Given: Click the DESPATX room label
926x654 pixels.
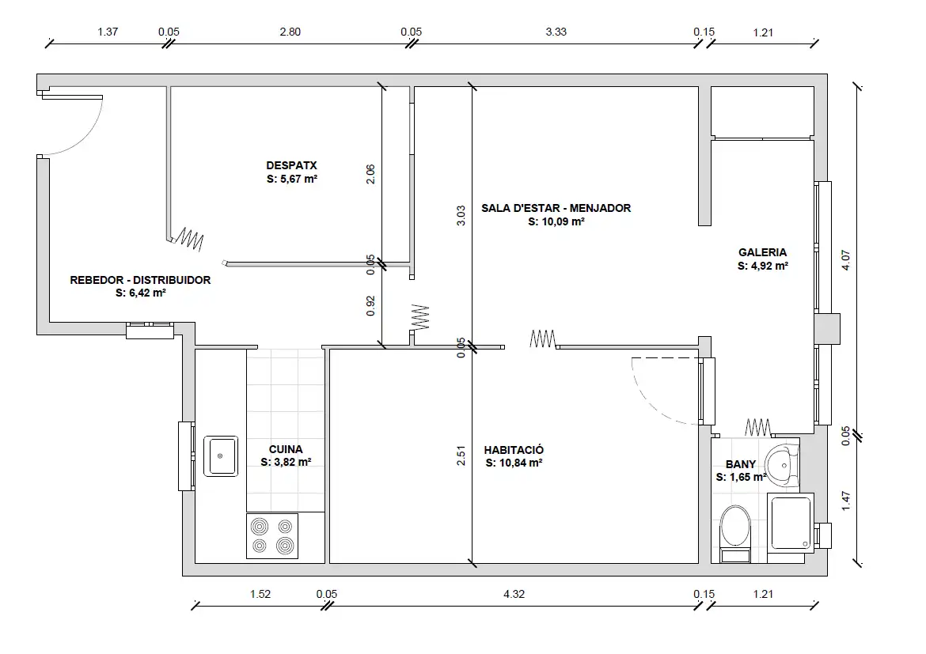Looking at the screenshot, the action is coord(292,166).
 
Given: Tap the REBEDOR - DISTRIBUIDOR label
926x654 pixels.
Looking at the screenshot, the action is coord(141,280).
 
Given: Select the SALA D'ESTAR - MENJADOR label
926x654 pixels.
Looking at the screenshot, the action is coord(556,208).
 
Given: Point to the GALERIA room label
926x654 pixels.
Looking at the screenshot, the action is coord(762,252).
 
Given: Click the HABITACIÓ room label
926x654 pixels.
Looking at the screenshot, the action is coord(514,450).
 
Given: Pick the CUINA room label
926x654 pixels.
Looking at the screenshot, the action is coord(286,449).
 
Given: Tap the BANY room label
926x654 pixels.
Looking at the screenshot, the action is coord(741,464).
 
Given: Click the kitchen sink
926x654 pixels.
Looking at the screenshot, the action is coord(221,456).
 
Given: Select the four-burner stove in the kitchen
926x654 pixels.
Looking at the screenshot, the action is coord(272,536).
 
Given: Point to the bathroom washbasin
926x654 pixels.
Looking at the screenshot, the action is coord(782,465).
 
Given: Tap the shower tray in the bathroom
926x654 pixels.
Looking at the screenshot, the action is coord(791,523).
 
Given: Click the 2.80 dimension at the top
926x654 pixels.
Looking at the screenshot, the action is coord(290,32).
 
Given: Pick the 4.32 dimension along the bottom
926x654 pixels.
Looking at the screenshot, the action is coord(514,595).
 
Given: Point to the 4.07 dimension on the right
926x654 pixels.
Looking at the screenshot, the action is coord(846,260).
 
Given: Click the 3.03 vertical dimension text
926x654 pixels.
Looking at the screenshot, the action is coord(461,215).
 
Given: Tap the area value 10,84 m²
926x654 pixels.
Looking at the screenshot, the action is coord(521,463).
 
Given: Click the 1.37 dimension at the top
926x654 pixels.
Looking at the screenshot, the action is coord(108,32).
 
